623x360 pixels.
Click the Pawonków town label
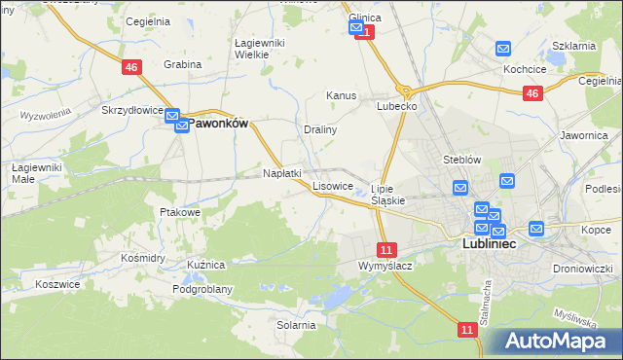pos(217,124)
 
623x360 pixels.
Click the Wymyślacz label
pos(385,266)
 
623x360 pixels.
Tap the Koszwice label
pos(55,283)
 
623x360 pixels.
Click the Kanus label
pos(342,96)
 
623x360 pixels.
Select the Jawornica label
pos(584,136)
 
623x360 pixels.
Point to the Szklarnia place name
pos(573,47)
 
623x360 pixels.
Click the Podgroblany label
pos(202,289)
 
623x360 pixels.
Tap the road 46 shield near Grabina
pos(131,66)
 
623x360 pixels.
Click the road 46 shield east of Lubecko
pos(531,93)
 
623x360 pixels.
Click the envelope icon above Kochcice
pos(503,49)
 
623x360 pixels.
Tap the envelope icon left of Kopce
pos(536,230)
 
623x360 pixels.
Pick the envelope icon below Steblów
pos(460,187)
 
